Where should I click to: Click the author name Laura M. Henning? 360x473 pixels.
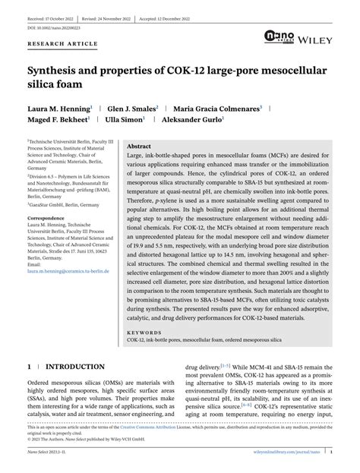(x=58, y=109)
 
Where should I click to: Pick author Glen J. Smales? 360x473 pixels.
(x=131, y=109)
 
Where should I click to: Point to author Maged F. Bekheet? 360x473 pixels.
(x=58, y=120)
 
